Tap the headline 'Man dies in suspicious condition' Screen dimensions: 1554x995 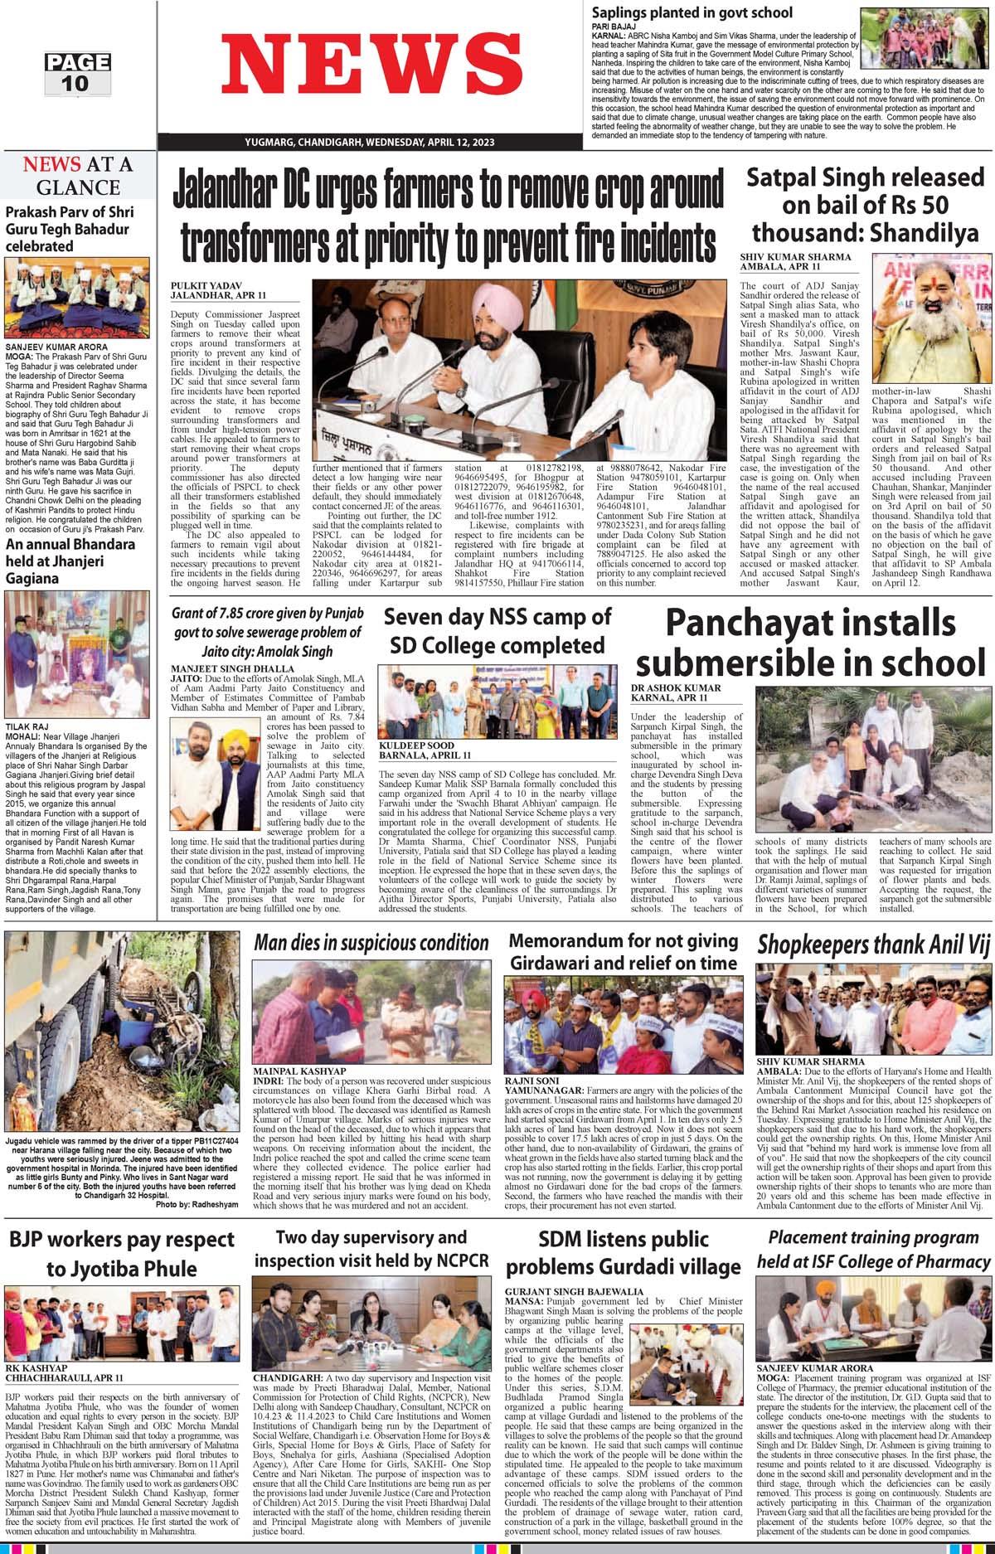(x=371, y=942)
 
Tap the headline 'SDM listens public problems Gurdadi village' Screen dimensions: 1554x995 (x=623, y=1255)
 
